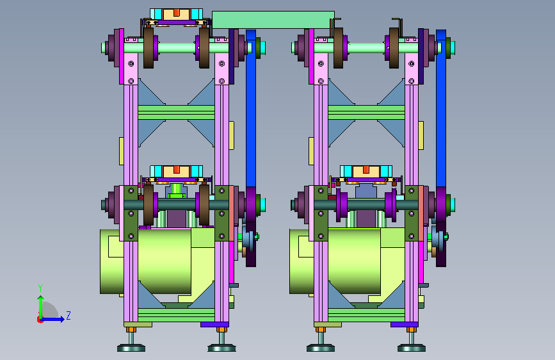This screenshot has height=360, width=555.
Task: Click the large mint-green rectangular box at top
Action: tap(273, 20)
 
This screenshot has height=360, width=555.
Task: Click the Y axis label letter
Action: tap(40, 288)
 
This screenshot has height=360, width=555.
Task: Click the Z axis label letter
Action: tap(68, 316)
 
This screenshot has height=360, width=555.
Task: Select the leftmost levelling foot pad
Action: tap(131, 348)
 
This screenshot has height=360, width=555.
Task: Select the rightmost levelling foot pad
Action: tap(412, 348)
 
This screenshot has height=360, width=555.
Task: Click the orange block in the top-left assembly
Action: tap(176, 13)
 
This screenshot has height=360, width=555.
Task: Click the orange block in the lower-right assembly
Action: tap(366, 169)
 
